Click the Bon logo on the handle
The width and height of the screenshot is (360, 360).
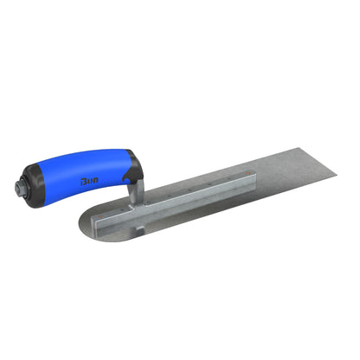90,181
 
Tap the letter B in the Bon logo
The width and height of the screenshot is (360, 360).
84,181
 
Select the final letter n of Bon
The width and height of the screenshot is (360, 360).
96,182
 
